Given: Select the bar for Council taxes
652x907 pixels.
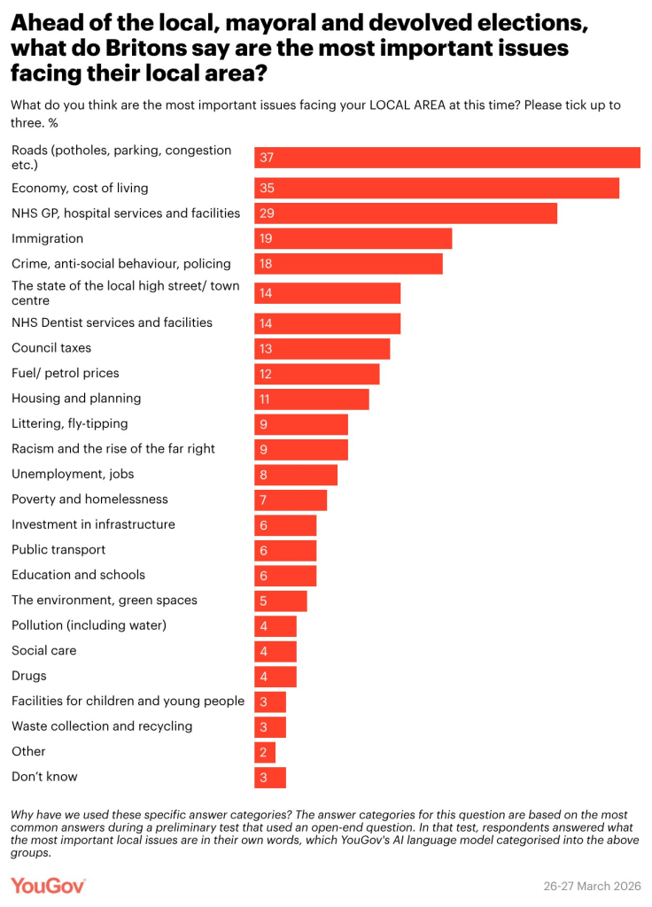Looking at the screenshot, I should (322, 348).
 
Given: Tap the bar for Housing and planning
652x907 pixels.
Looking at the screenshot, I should (311, 399).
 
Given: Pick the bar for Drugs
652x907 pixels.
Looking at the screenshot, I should (276, 676).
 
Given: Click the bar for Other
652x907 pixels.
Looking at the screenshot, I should (265, 751).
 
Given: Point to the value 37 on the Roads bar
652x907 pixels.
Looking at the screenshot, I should (266, 158).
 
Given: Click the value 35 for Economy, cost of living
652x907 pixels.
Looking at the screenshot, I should (266, 188).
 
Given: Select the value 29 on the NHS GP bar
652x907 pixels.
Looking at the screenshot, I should (266, 213).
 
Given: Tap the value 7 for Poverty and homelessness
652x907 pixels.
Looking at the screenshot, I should (263, 500).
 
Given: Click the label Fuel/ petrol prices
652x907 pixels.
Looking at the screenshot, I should (65, 373).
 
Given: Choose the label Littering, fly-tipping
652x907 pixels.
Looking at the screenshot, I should (69, 423).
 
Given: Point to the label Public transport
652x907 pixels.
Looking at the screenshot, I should (58, 549).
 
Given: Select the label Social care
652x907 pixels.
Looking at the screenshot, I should (43, 650).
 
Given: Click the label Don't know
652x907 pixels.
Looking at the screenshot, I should (44, 777).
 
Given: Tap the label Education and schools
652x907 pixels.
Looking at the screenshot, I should (78, 575).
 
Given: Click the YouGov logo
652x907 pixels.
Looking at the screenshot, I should (48, 885).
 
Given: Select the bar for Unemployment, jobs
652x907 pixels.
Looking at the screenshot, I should (296, 474).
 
